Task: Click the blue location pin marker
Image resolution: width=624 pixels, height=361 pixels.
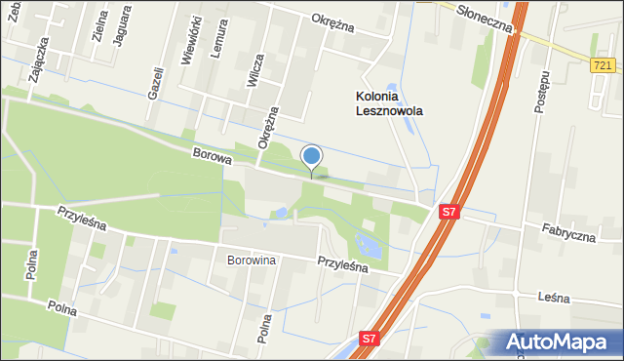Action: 312,158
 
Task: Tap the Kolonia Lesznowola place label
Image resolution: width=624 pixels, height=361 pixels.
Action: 388,103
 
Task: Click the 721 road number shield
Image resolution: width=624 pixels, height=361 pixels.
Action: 603,65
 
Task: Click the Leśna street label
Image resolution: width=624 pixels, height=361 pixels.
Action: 552,298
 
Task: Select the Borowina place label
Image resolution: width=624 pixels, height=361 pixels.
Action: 252,261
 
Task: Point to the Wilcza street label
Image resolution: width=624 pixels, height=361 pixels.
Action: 256,71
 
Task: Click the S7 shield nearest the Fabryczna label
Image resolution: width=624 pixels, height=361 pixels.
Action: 448,211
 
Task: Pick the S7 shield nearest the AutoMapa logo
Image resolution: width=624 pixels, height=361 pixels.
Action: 368,339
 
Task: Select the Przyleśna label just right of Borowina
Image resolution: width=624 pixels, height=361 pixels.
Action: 341,263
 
